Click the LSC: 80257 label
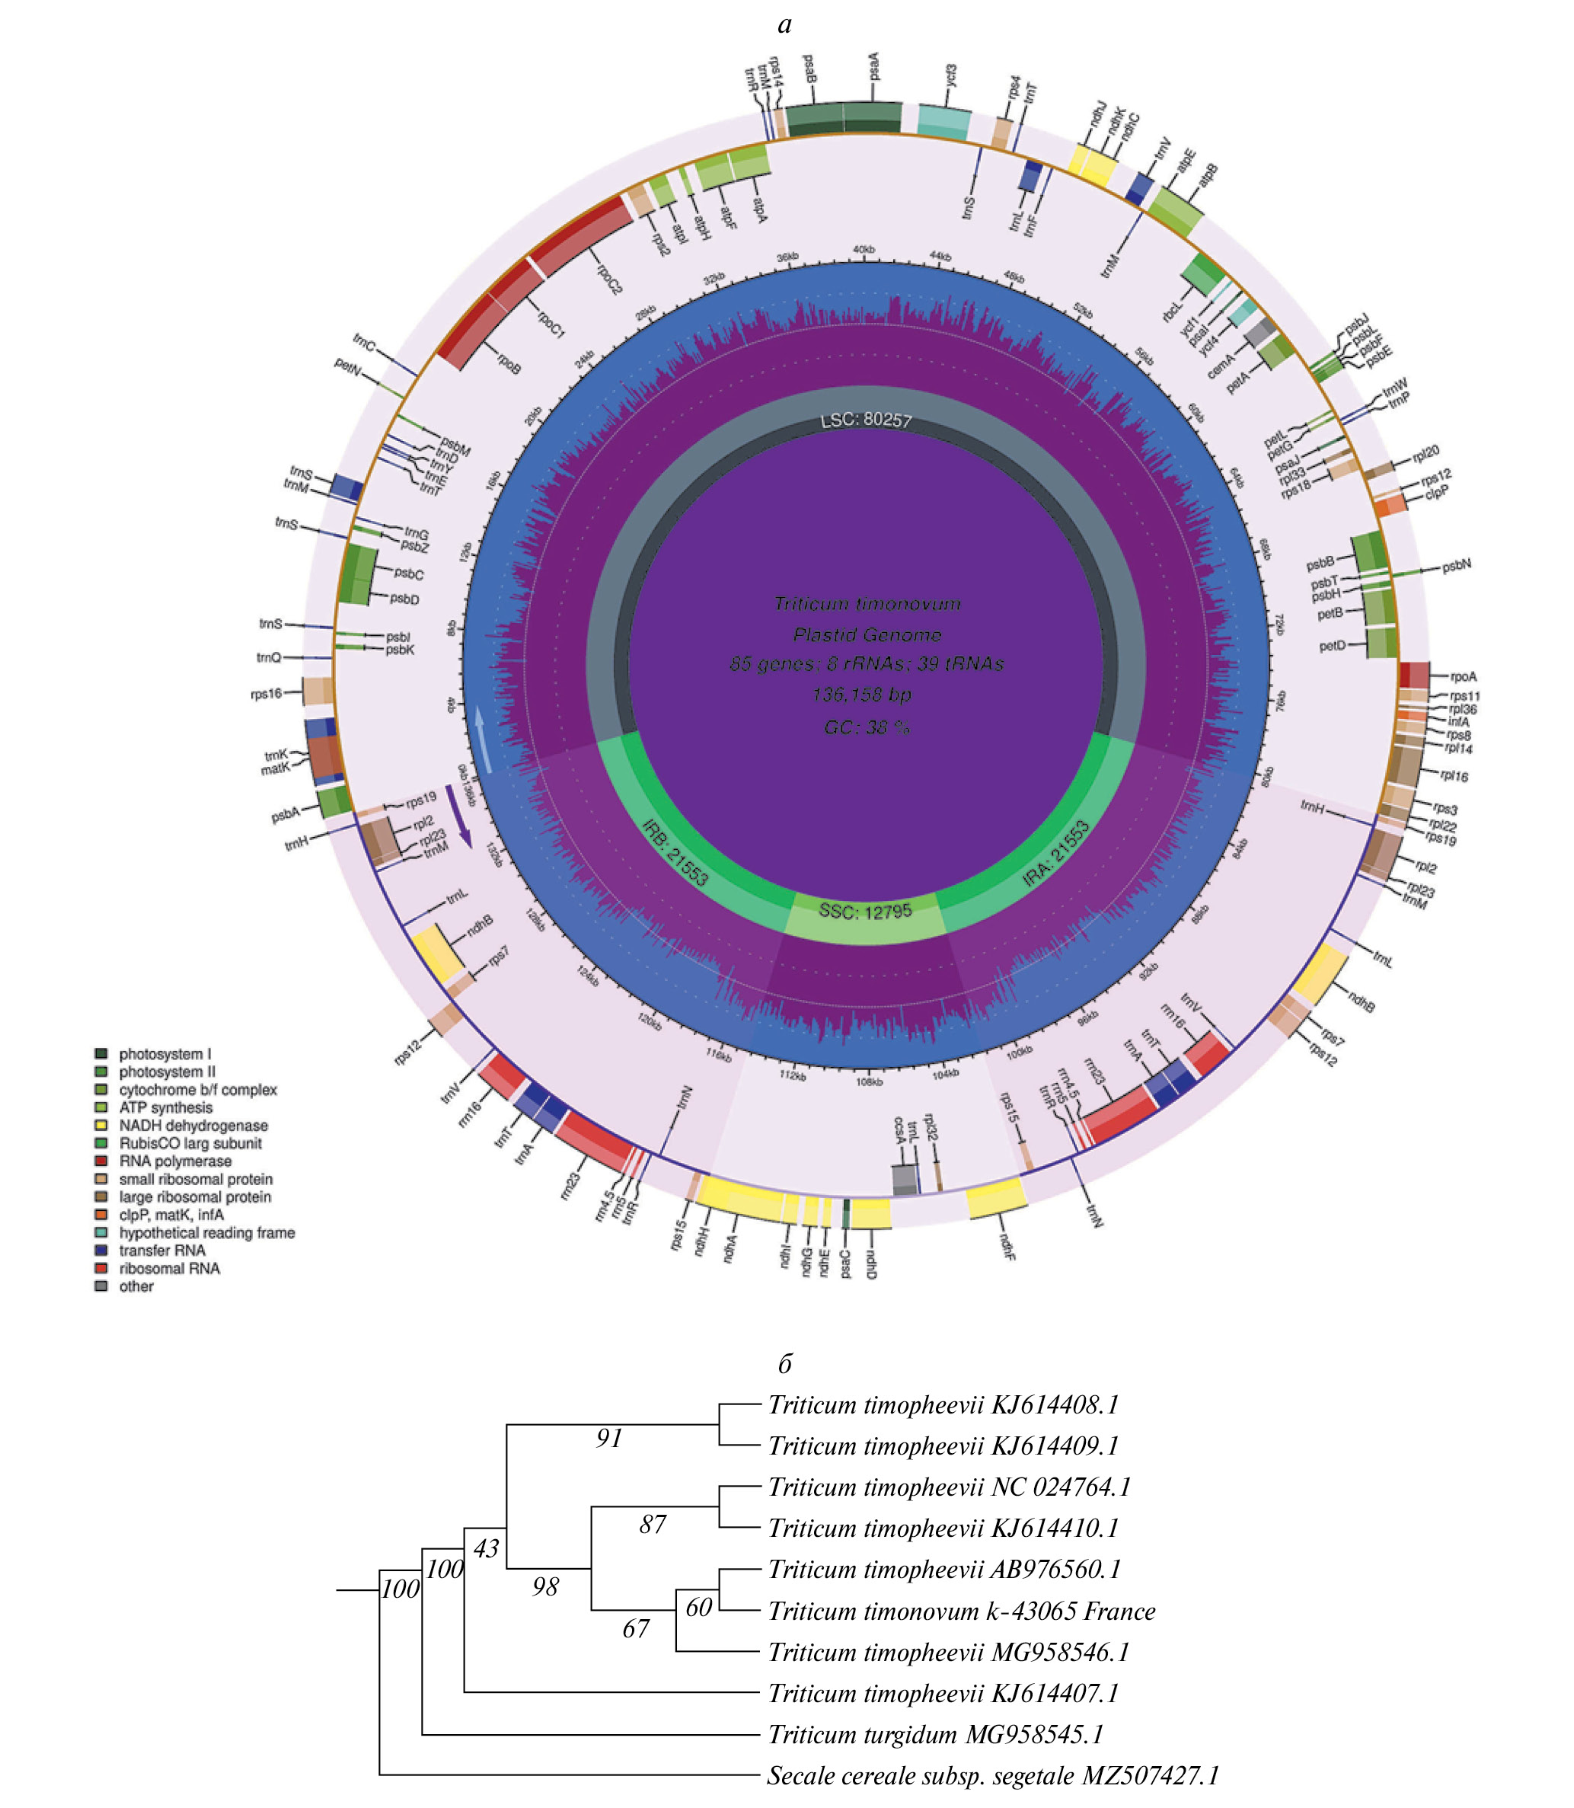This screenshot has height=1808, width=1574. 865,420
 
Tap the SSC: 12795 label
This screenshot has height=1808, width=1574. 865,910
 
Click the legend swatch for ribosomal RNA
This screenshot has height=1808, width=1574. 101,1268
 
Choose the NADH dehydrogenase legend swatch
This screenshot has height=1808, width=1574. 101,1125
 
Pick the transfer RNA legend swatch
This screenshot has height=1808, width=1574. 101,1250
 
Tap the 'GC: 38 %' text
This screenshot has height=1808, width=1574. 865,727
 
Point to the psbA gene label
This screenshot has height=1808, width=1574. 286,815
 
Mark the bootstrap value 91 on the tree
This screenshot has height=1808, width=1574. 608,1438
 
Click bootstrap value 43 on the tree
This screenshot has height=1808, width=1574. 486,1548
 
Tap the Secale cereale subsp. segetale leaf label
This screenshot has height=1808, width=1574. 992,1775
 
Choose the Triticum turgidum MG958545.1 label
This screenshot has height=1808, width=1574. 934,1734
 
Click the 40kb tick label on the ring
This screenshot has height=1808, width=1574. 864,251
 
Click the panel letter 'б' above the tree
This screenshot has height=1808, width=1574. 784,1363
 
